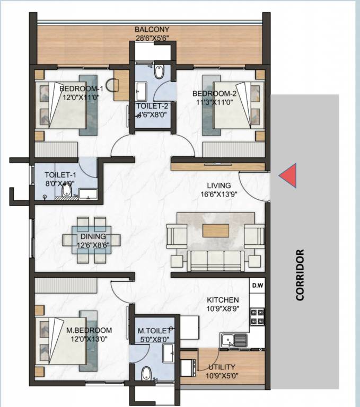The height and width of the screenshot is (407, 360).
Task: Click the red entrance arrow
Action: pyautogui.click(x=287, y=175)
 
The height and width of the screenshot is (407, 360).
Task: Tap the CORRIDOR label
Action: pyautogui.click(x=300, y=275)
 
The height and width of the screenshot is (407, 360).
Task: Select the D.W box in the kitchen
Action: pyautogui.click(x=258, y=286)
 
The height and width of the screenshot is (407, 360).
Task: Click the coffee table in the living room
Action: pyautogui.click(x=216, y=230)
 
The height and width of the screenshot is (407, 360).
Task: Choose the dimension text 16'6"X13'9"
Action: pyautogui.click(x=219, y=194)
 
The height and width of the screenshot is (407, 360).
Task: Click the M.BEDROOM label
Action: pyautogui.click(x=84, y=330)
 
